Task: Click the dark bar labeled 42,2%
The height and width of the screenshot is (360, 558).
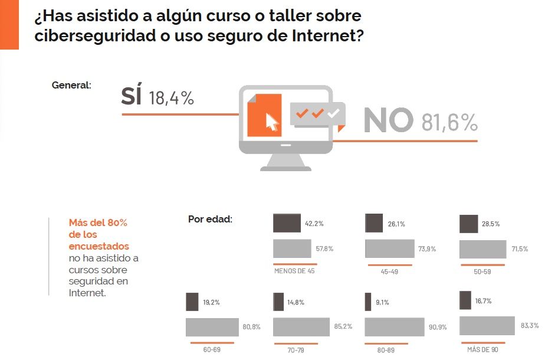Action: (287, 224)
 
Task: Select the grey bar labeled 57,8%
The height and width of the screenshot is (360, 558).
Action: (292, 248)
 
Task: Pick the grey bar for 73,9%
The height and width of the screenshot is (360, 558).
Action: (389, 248)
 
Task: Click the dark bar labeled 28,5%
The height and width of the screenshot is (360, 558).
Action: (468, 224)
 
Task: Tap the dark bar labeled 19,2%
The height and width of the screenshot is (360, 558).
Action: (192, 302)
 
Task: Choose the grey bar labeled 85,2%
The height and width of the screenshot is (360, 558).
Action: (301, 327)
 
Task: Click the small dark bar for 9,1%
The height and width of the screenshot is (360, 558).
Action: (368, 302)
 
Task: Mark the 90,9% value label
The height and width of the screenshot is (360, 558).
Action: (438, 326)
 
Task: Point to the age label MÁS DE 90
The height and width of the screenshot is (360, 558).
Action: (482, 349)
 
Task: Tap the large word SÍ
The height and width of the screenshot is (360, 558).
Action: (131, 97)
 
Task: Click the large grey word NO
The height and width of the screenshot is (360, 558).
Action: (388, 120)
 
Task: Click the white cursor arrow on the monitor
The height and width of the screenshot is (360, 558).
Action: (271, 121)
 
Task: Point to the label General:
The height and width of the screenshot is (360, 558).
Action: (71, 85)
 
